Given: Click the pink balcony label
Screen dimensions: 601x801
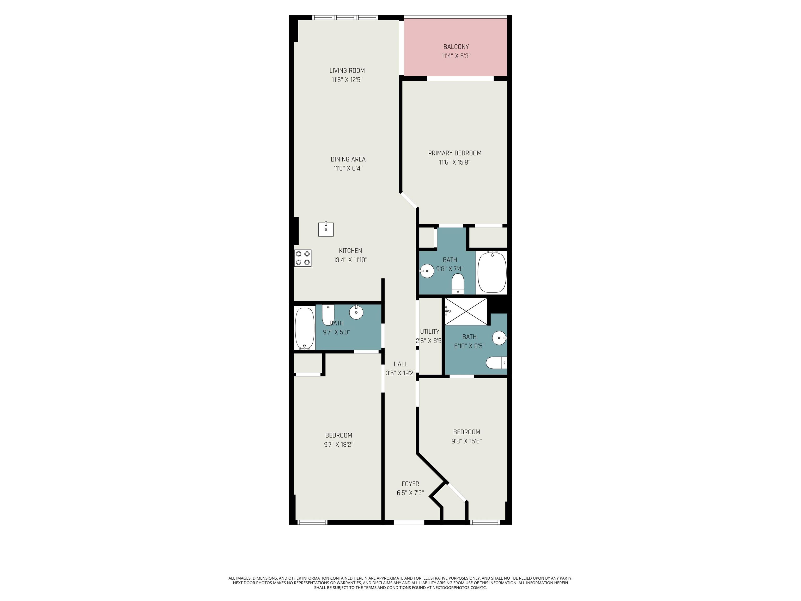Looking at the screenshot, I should pos(456,47).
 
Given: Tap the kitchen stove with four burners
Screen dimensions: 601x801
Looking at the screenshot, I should pos(303,258).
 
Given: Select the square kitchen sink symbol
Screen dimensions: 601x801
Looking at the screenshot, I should pos(326,229).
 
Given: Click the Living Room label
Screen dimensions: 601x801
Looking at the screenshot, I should pos(347,71).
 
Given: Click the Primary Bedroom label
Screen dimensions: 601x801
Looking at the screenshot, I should pos(454,153).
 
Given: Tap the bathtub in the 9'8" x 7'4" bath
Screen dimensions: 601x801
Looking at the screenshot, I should pos(492,272).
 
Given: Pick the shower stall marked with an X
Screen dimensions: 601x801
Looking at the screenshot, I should pos(466,311).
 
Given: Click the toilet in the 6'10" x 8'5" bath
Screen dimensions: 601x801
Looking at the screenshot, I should pos(496,363).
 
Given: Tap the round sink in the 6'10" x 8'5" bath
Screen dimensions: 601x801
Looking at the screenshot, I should pos(499,338).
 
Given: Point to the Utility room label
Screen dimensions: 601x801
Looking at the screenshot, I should pos(429,332).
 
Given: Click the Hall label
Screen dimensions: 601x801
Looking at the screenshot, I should pos(400,364).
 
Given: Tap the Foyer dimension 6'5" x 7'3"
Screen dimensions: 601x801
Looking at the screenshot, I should pos(410,493).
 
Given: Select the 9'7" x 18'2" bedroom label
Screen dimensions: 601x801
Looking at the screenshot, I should pos(339,435).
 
